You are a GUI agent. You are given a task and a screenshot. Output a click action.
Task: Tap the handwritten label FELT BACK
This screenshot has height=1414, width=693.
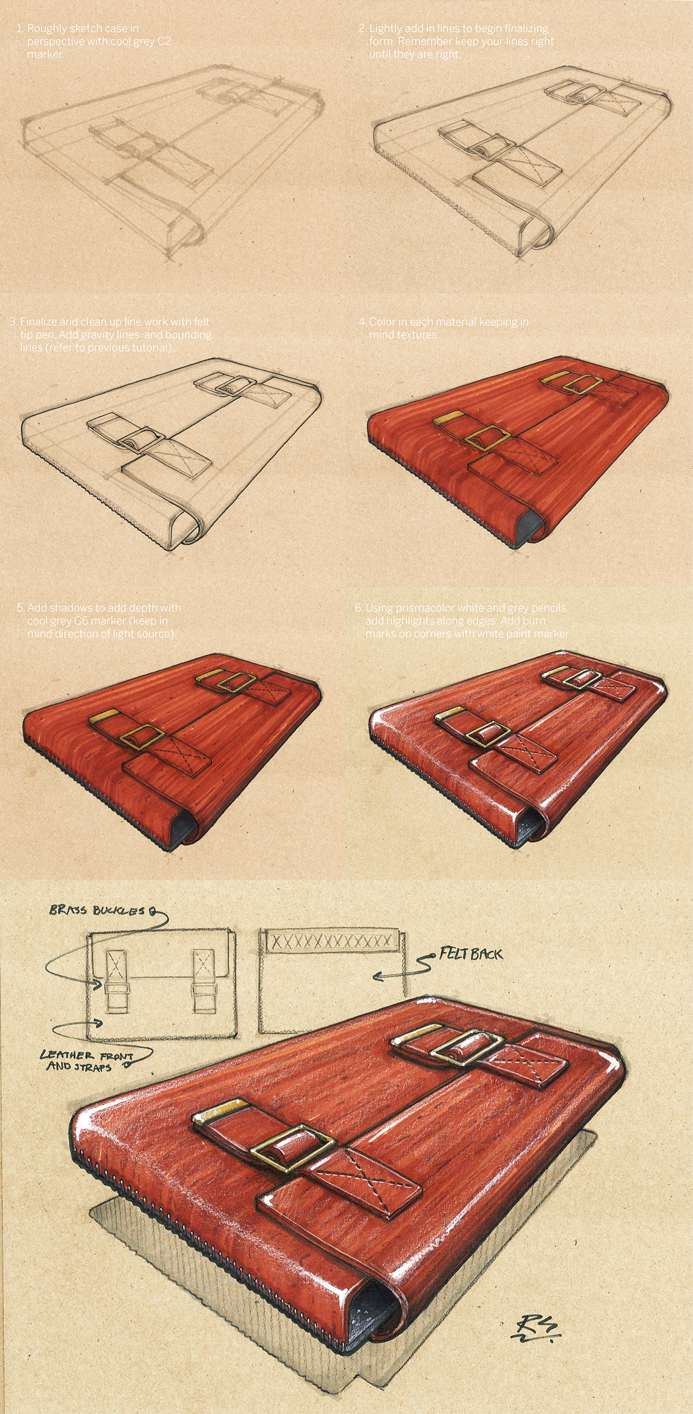pos(471,954)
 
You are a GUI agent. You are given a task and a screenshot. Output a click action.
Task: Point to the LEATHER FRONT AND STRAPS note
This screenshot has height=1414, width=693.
pos(87,1060)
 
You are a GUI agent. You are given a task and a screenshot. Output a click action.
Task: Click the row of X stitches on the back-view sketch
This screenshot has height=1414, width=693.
pos(331,941)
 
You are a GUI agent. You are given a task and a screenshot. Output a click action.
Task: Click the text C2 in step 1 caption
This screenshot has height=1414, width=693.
pos(163,42)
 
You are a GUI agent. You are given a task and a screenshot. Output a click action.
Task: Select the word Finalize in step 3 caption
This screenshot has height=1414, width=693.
pos(39,322)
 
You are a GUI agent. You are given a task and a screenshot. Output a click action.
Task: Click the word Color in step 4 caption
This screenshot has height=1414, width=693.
pos(382,322)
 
